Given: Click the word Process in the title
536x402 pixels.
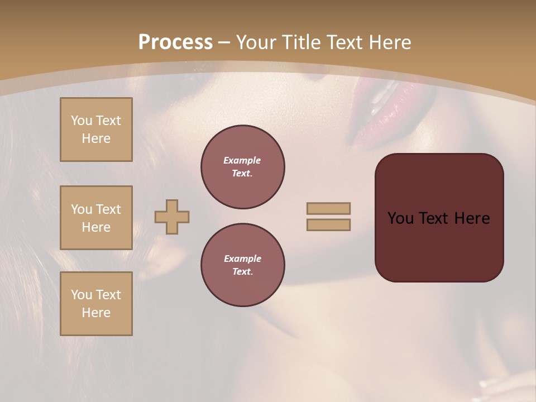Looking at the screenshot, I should [175, 42].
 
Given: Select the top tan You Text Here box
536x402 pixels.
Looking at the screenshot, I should [96, 130].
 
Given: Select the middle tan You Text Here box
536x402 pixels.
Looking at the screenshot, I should [96, 218].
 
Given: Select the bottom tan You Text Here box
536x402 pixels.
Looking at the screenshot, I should [96, 303].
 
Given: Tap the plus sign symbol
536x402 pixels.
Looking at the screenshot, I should [172, 217].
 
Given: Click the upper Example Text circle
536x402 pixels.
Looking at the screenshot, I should [242, 167].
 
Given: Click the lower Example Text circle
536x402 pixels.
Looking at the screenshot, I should [242, 265].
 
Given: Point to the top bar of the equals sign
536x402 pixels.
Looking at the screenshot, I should [328, 208].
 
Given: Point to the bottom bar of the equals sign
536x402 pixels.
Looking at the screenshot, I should [328, 224].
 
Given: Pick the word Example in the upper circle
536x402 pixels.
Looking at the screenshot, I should [242, 160].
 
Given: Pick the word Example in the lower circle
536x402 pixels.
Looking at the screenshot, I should [242, 259].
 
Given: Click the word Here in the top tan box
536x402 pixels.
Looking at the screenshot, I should [96, 138].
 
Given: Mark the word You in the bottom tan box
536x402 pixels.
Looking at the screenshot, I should [82, 295].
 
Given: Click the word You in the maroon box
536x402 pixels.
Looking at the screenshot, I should [400, 218].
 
